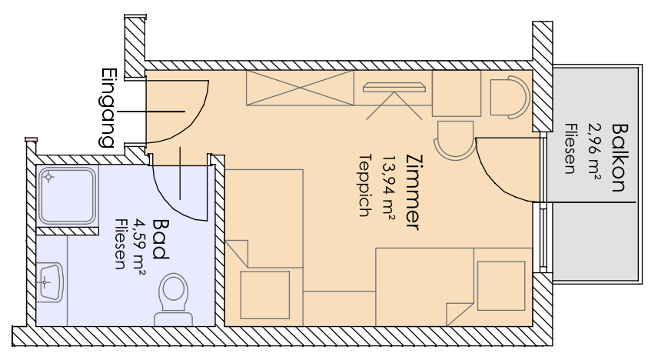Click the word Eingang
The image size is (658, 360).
[108, 108]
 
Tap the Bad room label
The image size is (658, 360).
[159, 238]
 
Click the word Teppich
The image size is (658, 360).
[365, 185]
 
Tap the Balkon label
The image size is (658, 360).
[619, 158]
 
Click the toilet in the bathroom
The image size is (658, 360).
[173, 299]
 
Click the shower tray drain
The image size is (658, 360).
[48, 177]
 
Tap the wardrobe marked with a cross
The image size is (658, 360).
[300, 88]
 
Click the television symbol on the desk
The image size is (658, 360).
[394, 88]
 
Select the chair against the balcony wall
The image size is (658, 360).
[510, 97]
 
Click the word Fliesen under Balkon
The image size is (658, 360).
[570, 148]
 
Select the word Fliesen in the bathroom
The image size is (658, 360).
[121, 244]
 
